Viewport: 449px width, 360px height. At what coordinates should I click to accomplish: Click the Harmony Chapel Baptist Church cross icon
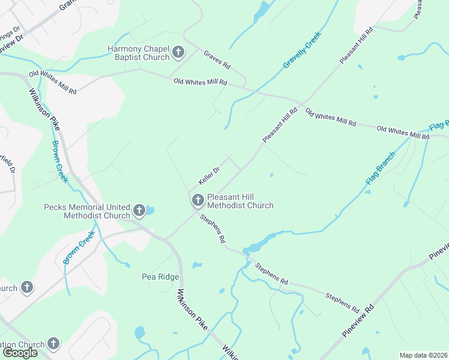click(x=178, y=53)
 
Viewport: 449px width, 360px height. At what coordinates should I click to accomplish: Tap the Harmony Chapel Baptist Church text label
click(x=138, y=53)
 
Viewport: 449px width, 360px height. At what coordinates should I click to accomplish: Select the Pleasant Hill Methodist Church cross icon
click(x=197, y=200)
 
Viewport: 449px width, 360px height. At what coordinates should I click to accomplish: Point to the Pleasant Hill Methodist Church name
click(x=240, y=201)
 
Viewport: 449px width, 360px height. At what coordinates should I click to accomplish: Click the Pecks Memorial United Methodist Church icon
click(x=139, y=211)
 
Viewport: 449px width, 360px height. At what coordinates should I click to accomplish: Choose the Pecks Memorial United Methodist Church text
click(x=87, y=211)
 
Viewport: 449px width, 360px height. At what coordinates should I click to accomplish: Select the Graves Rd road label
click(x=217, y=58)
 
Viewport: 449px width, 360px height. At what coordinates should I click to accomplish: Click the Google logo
click(x=19, y=353)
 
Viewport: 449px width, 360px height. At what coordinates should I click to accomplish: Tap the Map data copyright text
click(x=423, y=355)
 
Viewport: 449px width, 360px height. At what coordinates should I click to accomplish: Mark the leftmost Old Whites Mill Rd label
click(x=53, y=83)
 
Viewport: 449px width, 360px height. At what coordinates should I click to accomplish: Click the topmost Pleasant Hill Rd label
click(x=357, y=45)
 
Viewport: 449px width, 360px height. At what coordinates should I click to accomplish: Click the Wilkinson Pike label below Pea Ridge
click(x=192, y=310)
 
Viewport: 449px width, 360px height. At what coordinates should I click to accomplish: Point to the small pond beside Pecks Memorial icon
click(x=149, y=210)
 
